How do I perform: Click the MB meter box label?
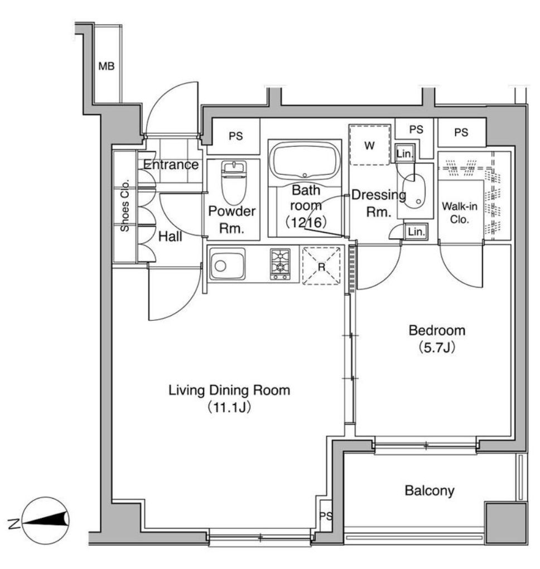tap(107, 66)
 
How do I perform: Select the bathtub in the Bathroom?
tap(305, 160)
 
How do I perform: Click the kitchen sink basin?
tap(227, 264)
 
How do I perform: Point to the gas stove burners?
tap(280, 264)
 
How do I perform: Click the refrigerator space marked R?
tap(321, 266)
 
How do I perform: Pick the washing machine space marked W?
tap(369, 145)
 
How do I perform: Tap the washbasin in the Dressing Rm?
tap(414, 191)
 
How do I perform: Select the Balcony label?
tap(430, 490)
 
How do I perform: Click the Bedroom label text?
tap(437, 330)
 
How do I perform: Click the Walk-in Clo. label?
tap(460, 213)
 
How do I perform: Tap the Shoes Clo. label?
tap(124, 205)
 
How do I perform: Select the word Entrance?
tap(171, 165)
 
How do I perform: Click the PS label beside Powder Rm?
tap(235, 136)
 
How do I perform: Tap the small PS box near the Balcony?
tap(326, 515)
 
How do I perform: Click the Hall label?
tap(170, 237)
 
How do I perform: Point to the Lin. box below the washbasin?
tap(416, 232)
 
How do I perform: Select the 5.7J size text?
tap(437, 348)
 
